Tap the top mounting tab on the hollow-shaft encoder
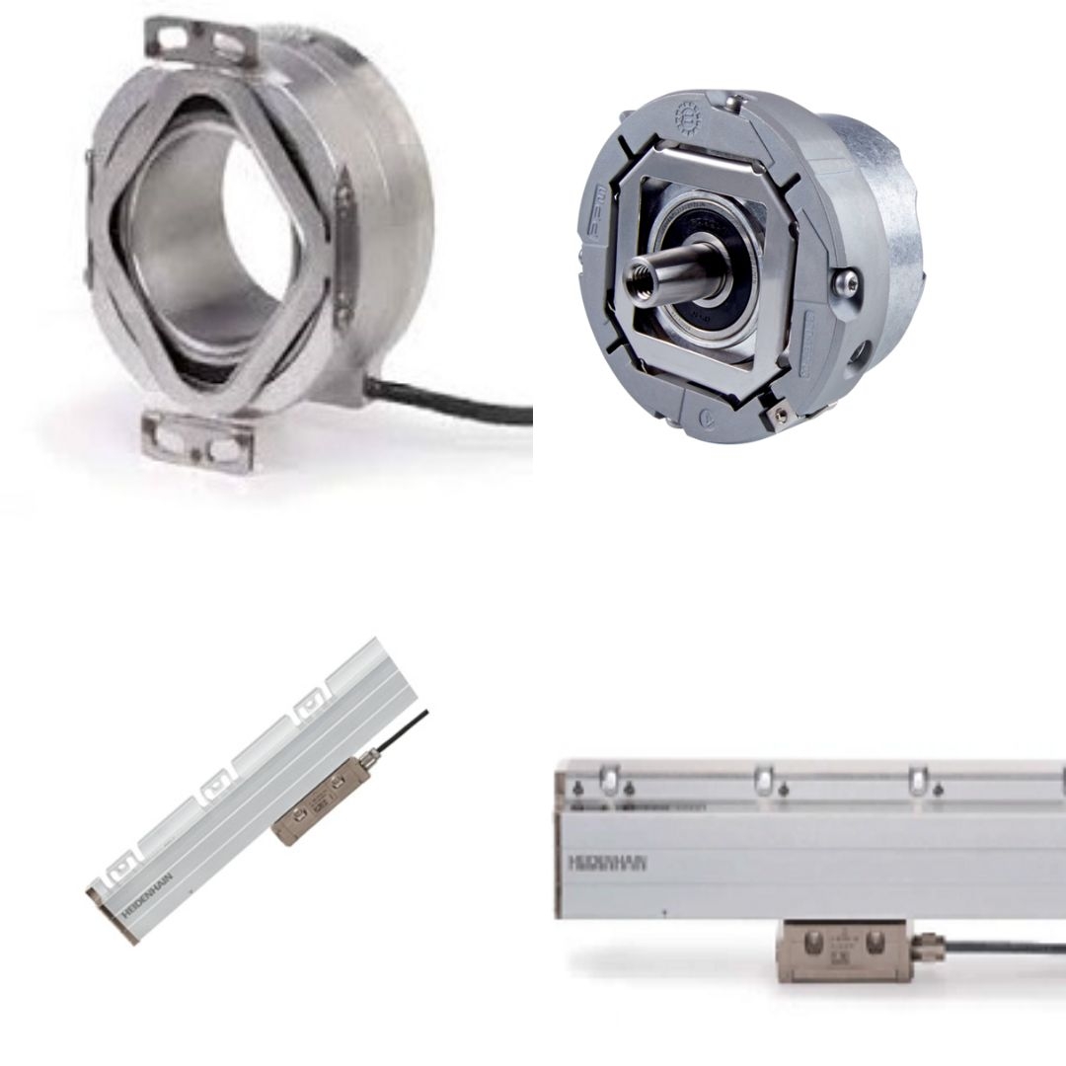coord(202,41)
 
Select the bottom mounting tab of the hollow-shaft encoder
coord(197,441)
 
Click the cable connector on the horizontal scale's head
coord(928,949)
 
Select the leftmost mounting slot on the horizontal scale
coord(609,781)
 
